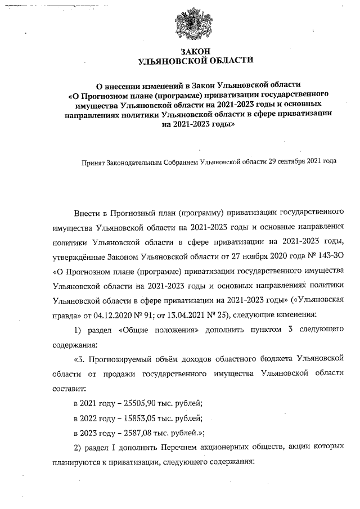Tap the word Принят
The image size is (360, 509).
[94, 161]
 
